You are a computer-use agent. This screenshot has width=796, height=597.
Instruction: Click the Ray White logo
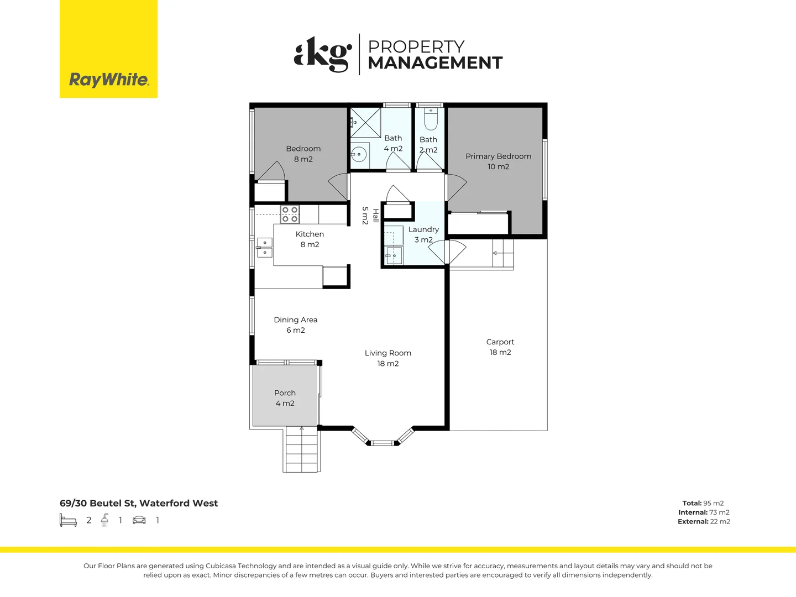109,80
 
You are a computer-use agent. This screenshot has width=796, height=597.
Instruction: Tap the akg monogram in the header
323,54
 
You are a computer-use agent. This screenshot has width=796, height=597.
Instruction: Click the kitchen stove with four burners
290,214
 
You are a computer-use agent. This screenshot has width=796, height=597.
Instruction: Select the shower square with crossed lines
366,123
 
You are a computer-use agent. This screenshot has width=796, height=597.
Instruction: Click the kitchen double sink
265,248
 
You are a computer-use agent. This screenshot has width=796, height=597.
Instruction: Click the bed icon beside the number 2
68,520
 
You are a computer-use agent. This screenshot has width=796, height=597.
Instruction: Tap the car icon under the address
139,520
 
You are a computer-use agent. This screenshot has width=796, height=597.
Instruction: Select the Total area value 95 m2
713,503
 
